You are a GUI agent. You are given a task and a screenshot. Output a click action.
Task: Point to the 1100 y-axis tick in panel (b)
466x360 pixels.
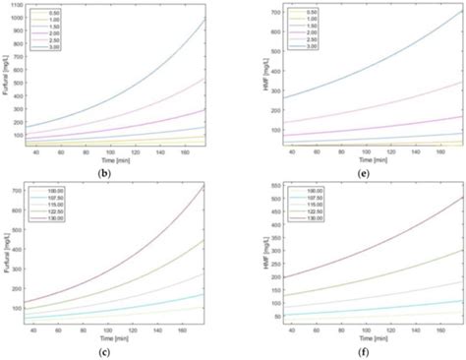(x=17, y=5)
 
